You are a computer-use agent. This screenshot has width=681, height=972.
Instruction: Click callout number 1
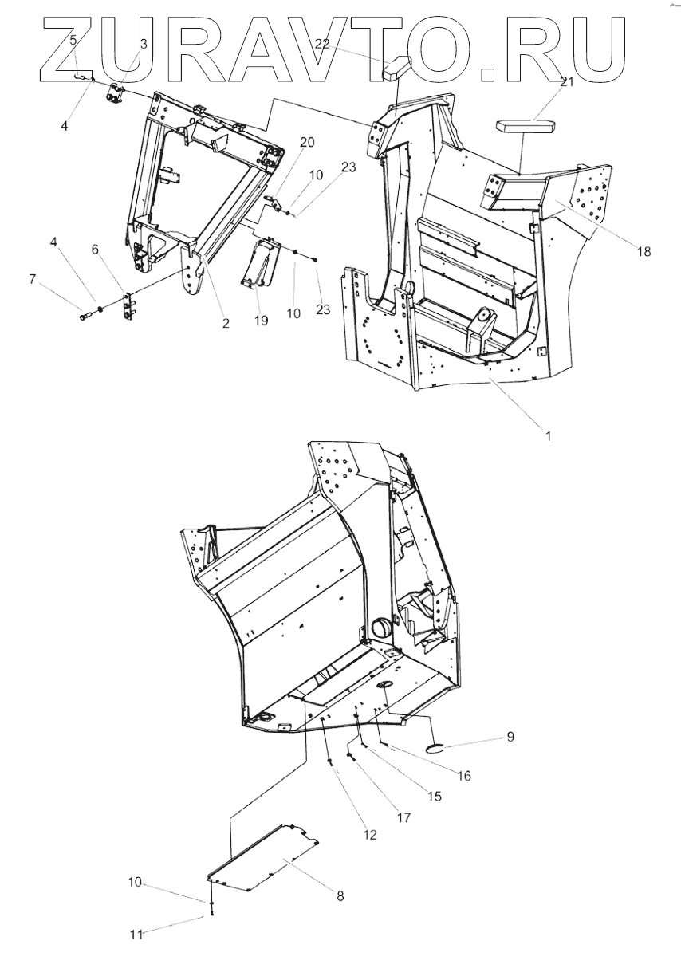point(548,436)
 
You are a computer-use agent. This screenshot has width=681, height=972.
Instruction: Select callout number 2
point(226,323)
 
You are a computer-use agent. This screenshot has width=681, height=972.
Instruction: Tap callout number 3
point(144,44)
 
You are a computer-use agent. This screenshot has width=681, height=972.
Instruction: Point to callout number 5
point(73,39)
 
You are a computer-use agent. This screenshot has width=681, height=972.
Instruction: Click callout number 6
point(96,250)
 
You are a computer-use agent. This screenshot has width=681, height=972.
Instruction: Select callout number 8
point(340,895)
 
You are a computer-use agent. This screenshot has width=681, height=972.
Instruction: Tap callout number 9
point(510,738)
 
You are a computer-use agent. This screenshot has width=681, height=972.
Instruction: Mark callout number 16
point(464,775)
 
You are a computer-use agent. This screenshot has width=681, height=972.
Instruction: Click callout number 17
point(404,817)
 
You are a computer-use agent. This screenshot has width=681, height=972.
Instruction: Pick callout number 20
point(285,142)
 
